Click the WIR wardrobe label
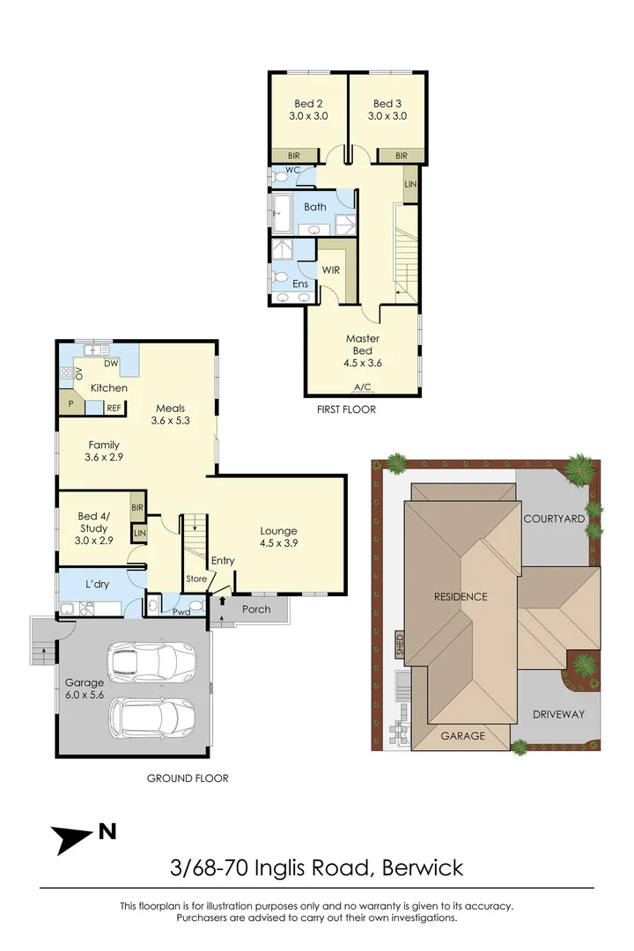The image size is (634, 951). [x=331, y=269]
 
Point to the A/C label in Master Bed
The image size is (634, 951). [x=362, y=387]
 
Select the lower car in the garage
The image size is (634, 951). [x=151, y=718]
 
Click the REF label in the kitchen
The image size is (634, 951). [x=114, y=408]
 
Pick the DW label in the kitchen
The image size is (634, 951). [x=112, y=363]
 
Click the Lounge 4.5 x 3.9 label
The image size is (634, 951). [x=278, y=537]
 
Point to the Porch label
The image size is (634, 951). [x=256, y=608]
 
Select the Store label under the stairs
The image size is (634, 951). [x=195, y=579]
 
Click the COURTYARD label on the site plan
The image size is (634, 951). [x=554, y=520]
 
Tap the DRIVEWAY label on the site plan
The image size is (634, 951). [x=558, y=714]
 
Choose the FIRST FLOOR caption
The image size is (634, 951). [x=346, y=409]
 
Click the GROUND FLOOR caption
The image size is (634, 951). [x=187, y=778]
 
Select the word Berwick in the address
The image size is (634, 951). [x=422, y=868]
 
